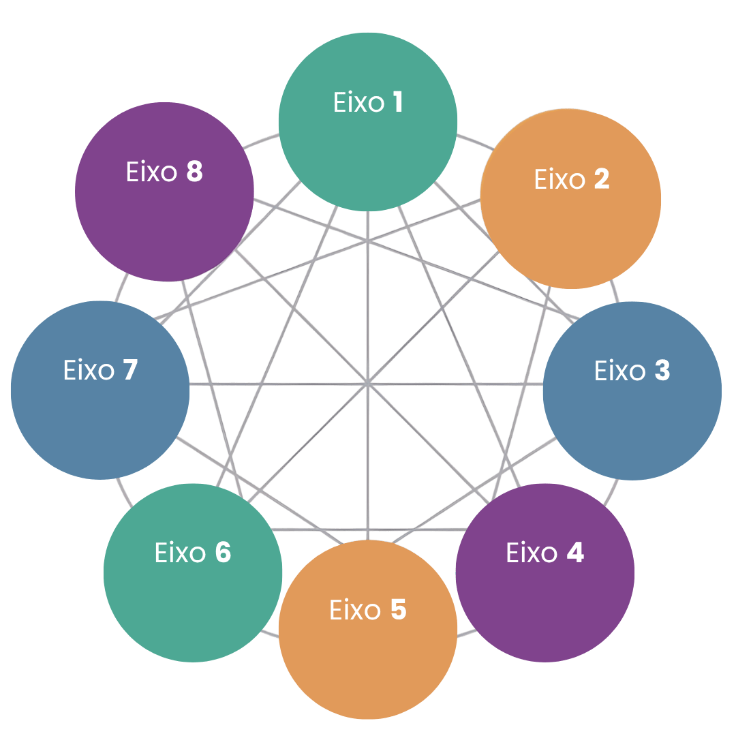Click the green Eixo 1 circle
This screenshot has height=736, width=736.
368,122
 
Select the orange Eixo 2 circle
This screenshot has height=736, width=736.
571,198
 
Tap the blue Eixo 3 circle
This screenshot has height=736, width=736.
632,391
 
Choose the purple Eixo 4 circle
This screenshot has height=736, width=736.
545,572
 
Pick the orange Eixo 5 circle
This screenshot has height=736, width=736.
368,630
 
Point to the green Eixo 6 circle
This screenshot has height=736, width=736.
193,572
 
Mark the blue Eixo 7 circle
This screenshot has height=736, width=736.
100,390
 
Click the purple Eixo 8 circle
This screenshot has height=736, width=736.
165,191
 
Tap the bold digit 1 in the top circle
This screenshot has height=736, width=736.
397,102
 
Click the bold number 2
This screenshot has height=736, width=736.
602,179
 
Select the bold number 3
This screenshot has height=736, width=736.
662,370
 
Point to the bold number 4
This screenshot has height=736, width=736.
575,552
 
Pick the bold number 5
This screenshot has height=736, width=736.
399,609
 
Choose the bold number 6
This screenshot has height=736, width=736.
224,552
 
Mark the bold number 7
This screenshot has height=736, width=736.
130,369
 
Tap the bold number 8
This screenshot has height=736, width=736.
195,171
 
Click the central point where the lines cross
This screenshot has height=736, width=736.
368,384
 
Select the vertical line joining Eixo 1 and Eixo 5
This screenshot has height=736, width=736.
368,375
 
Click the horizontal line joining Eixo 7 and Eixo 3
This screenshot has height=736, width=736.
366,384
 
